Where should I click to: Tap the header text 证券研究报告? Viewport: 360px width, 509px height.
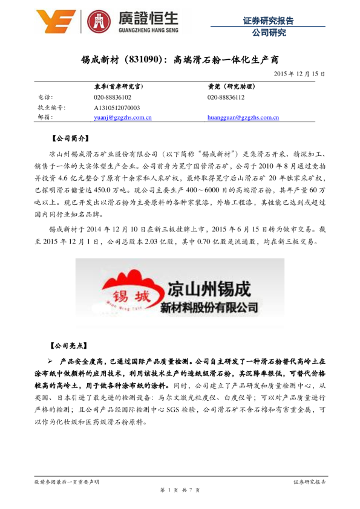click(x=268, y=21)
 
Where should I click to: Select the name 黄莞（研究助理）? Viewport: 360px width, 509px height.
click(x=231, y=86)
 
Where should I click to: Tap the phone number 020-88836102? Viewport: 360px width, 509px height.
click(x=113, y=97)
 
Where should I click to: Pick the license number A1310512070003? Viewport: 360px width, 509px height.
click(x=117, y=107)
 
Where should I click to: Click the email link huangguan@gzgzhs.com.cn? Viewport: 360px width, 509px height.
click(x=243, y=117)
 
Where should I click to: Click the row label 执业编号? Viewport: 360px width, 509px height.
click(x=51, y=107)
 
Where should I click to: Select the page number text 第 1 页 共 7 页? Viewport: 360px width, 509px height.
click(x=180, y=490)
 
